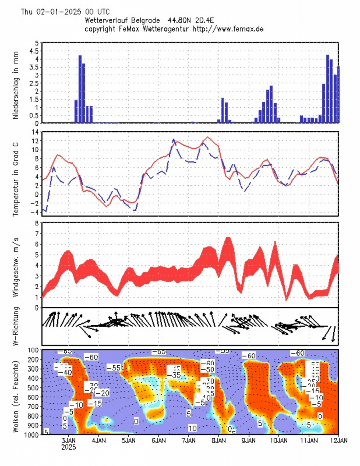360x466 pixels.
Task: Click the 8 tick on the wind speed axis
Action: coord(36,223)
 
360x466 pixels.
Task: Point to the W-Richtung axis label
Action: coord(16,326)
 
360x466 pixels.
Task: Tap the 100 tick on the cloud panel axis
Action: coord(33,350)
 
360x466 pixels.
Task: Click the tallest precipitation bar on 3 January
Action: coord(80,89)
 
